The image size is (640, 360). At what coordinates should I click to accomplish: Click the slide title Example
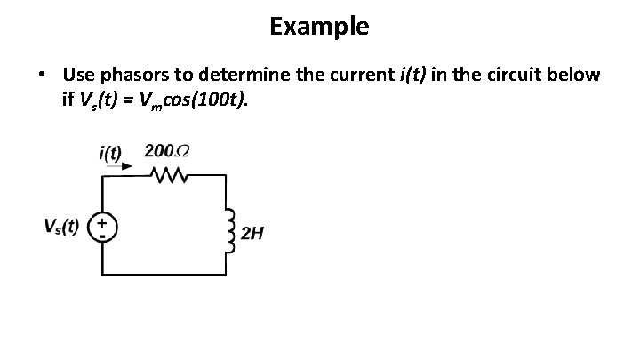point(319,27)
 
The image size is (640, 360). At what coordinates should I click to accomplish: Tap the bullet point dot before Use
point(43,76)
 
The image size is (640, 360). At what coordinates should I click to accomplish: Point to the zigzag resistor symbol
point(166,176)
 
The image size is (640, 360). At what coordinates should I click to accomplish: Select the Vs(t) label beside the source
point(61,226)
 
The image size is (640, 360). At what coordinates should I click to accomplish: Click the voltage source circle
point(104,228)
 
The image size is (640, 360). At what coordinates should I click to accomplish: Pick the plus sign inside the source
point(104,221)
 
